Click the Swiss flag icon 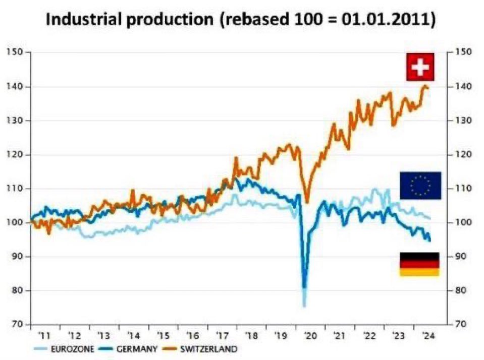point(420,67)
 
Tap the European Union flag point(420,186)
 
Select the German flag point(419,264)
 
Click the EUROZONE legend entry point(64,349)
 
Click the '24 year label point(427,336)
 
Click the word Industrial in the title point(83,20)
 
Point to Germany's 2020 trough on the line point(304,286)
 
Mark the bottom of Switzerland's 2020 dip point(307,202)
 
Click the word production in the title point(169,20)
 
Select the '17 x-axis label point(222,336)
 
